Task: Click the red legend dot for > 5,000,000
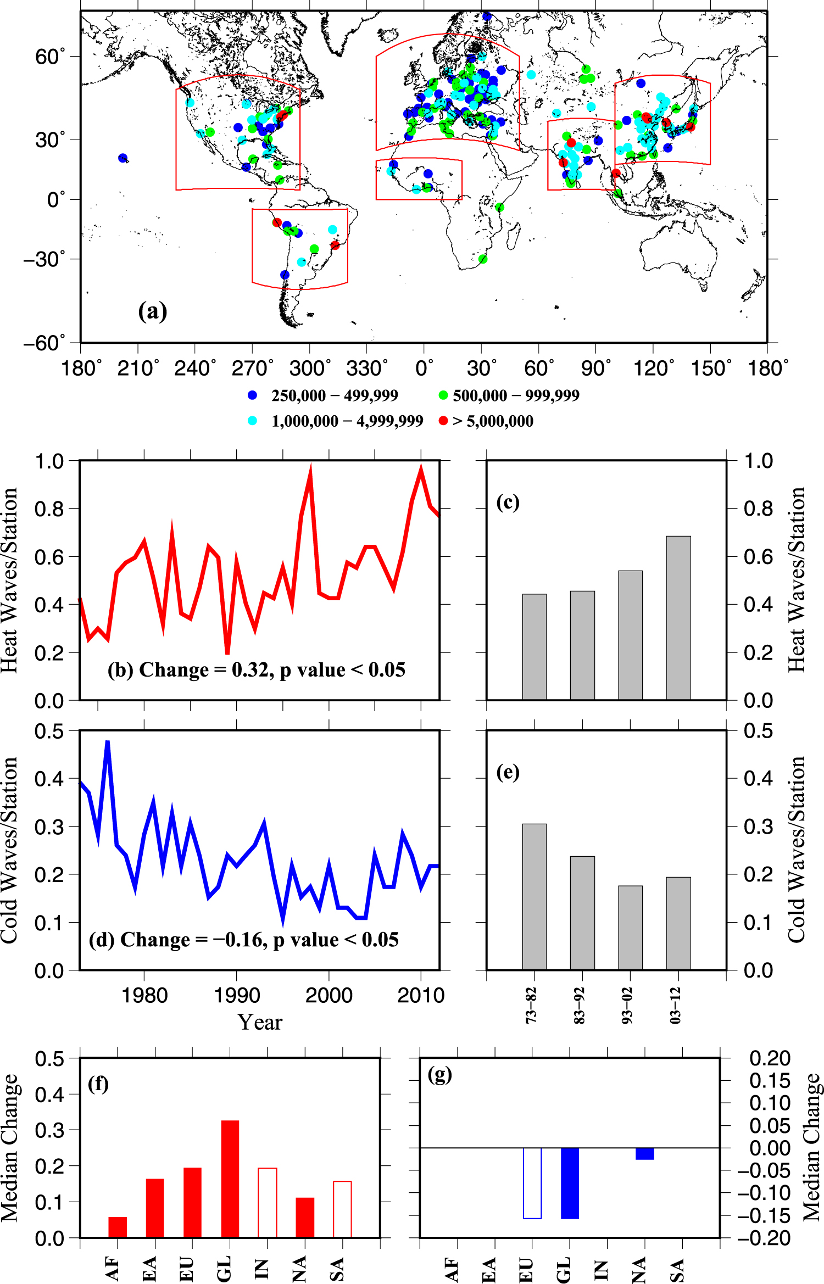click(x=443, y=421)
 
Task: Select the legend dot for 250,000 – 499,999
click(x=253, y=395)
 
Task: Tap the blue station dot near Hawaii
click(x=123, y=158)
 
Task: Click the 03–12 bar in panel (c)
click(x=678, y=618)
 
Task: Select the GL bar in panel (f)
click(x=230, y=1179)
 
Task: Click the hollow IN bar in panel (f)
click(x=268, y=1203)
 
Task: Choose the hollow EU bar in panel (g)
click(x=532, y=1183)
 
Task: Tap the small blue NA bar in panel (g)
click(x=644, y=1154)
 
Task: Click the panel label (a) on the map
click(x=152, y=311)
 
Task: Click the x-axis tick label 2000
click(x=329, y=996)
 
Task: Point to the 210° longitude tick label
click(x=138, y=368)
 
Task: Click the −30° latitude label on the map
click(x=44, y=259)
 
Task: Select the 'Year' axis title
click(x=260, y=1023)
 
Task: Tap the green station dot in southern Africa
click(x=483, y=259)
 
